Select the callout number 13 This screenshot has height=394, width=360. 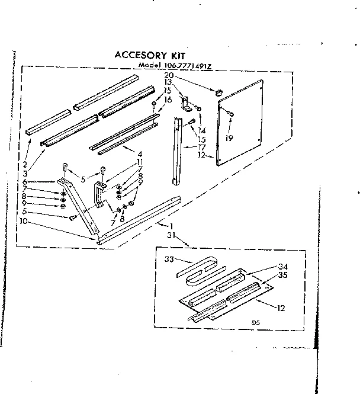168,82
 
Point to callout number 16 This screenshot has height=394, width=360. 169,99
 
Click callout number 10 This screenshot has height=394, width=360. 22,222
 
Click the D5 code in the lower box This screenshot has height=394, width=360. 256,322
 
